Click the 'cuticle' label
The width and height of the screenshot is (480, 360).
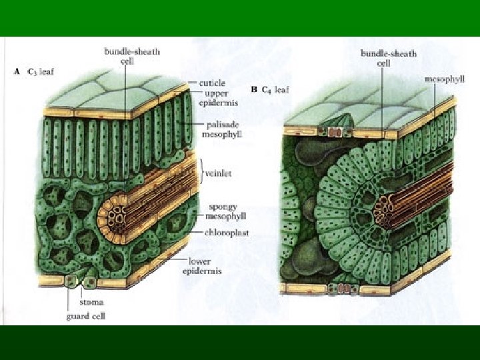point(214,83)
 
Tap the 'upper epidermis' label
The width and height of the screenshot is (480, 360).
point(217,99)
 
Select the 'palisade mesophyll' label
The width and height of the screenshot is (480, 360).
point(221,129)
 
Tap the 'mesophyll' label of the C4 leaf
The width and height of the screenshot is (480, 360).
point(444,79)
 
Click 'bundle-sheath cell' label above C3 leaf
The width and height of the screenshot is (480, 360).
point(131,55)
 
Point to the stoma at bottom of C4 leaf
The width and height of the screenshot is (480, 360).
point(340,289)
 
